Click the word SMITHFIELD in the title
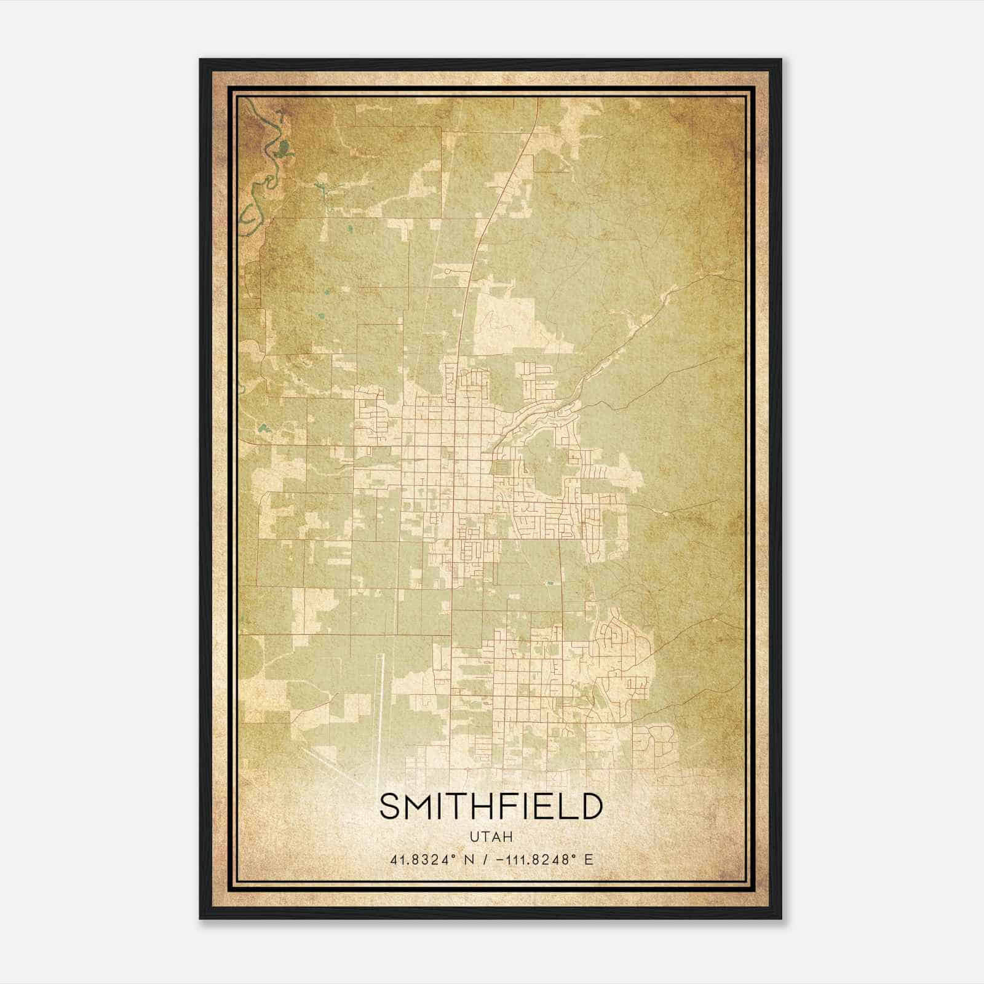pyautogui.click(x=491, y=807)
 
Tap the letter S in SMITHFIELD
pyautogui.click(x=390, y=807)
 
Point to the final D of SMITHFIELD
pyautogui.click(x=590, y=807)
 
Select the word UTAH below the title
pyautogui.click(x=491, y=837)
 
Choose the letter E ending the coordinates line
pyautogui.click(x=589, y=860)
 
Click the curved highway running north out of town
pyautogui.click(x=480, y=246)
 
